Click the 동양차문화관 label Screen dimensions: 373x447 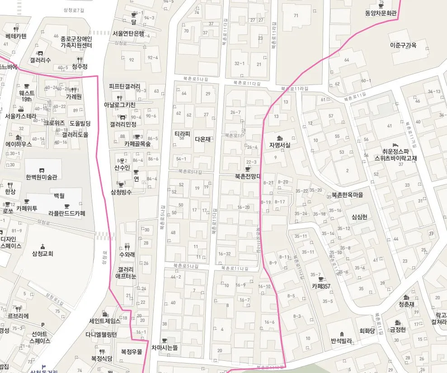[x=381, y=14]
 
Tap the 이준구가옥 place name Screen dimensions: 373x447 [x=403, y=45]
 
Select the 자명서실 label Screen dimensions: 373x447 [x=280, y=145]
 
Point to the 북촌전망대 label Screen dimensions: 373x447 [x=248, y=176]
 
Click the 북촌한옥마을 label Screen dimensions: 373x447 [x=347, y=195]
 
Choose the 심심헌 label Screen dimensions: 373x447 [x=359, y=217]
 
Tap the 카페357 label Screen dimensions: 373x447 [x=321, y=286]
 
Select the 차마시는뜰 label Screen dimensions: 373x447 [x=165, y=348]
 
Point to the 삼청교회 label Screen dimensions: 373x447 [x=42, y=254]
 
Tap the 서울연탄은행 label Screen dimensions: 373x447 [x=128, y=33]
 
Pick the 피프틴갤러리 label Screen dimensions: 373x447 [x=125, y=86]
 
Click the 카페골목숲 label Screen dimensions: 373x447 [x=137, y=144]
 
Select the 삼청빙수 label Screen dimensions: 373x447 [x=121, y=192]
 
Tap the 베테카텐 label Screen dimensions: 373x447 [x=16, y=36]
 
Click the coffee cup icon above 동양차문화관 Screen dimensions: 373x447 [x=381, y=6]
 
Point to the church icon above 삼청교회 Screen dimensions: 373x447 [x=42, y=246]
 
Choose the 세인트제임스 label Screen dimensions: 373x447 [x=104, y=321]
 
